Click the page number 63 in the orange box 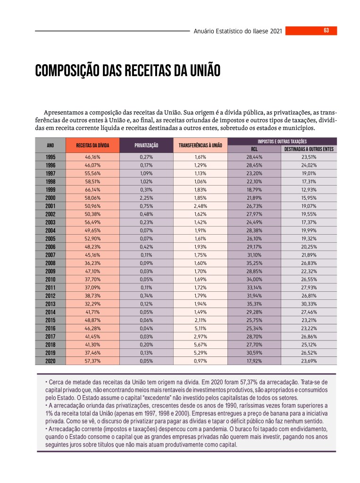[x=326, y=31]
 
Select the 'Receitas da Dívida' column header [x=92, y=145]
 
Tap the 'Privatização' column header [x=146, y=145]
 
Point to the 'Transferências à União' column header [x=201, y=145]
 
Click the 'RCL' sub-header [x=254, y=149]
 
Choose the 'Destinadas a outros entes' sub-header [x=309, y=149]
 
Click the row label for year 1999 [x=50, y=189]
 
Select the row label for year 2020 [x=50, y=361]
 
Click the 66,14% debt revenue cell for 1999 [x=92, y=189]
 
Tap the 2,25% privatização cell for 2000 [x=146, y=197]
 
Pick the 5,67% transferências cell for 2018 [x=201, y=345]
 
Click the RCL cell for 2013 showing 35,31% [x=254, y=304]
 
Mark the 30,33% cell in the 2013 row [x=309, y=304]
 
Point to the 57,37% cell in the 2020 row [x=92, y=361]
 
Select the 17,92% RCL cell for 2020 [x=254, y=361]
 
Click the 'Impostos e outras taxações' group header [x=282, y=141]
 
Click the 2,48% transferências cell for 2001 [x=201, y=206]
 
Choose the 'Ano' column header [x=50, y=145]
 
